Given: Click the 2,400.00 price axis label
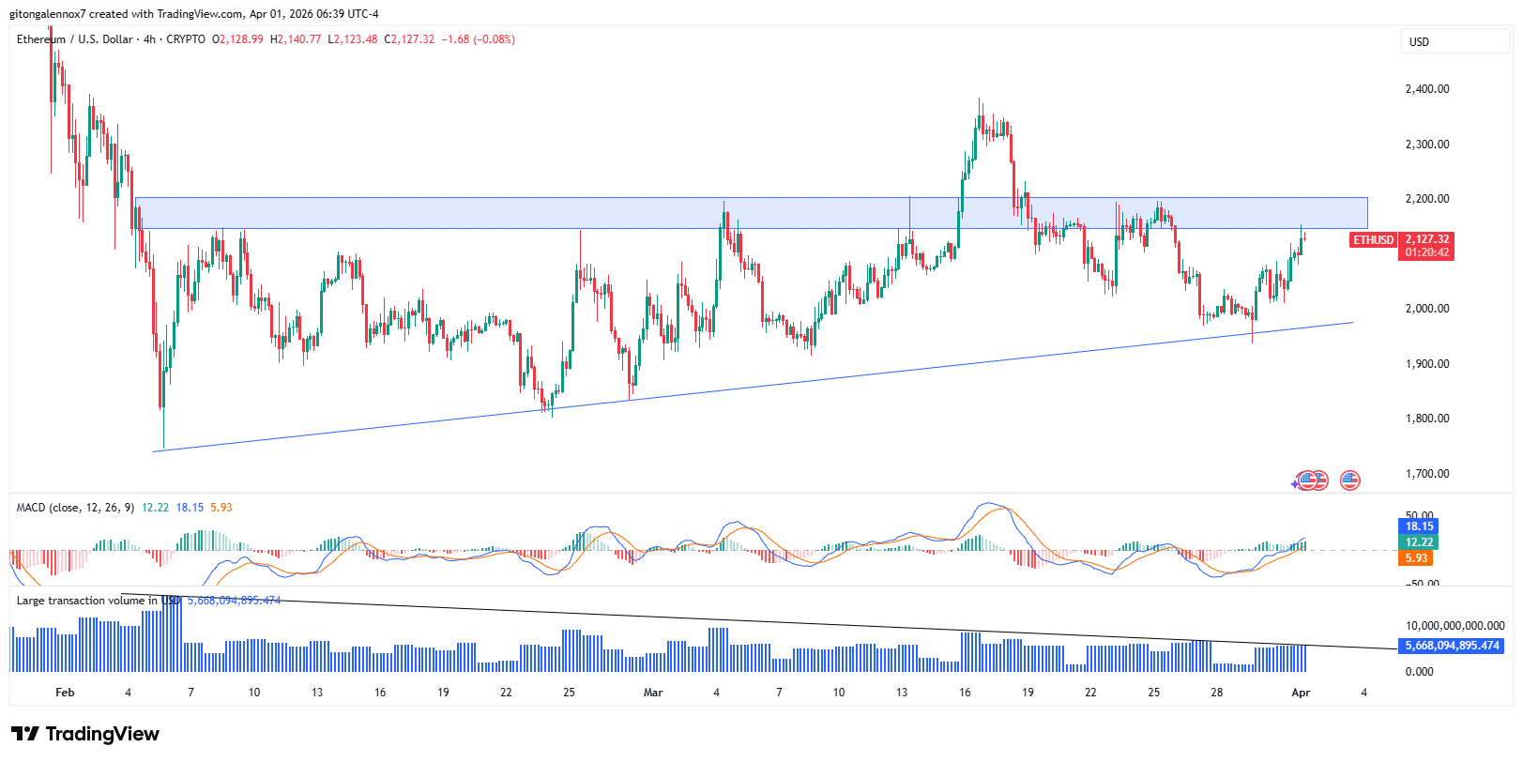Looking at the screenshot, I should pos(1426,89).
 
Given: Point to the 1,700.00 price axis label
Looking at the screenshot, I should pos(1426,474).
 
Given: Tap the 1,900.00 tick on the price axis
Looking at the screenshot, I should pos(1426,364).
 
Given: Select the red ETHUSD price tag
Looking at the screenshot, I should pos(1373,240).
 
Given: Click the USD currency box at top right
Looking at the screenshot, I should pos(1419,42).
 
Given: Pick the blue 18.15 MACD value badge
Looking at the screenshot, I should pos(1419,526).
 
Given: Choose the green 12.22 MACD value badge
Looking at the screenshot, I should pos(1419,542).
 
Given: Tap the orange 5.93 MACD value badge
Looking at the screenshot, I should pos(1416,558).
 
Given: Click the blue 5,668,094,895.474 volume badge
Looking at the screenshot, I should pos(1452,646).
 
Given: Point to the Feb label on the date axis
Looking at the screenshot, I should pos(65,693).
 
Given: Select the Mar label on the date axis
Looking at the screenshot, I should pos(653,693).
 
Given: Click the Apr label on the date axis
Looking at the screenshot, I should pos(1301,693).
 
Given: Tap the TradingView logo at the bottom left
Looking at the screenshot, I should pos(85,734).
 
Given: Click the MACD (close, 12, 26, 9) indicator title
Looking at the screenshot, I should pos(76,508).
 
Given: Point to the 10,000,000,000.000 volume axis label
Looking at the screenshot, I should pos(1454,626).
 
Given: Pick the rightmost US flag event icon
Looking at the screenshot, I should pos(1349,480).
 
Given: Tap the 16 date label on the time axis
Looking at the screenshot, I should pos(965,693).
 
